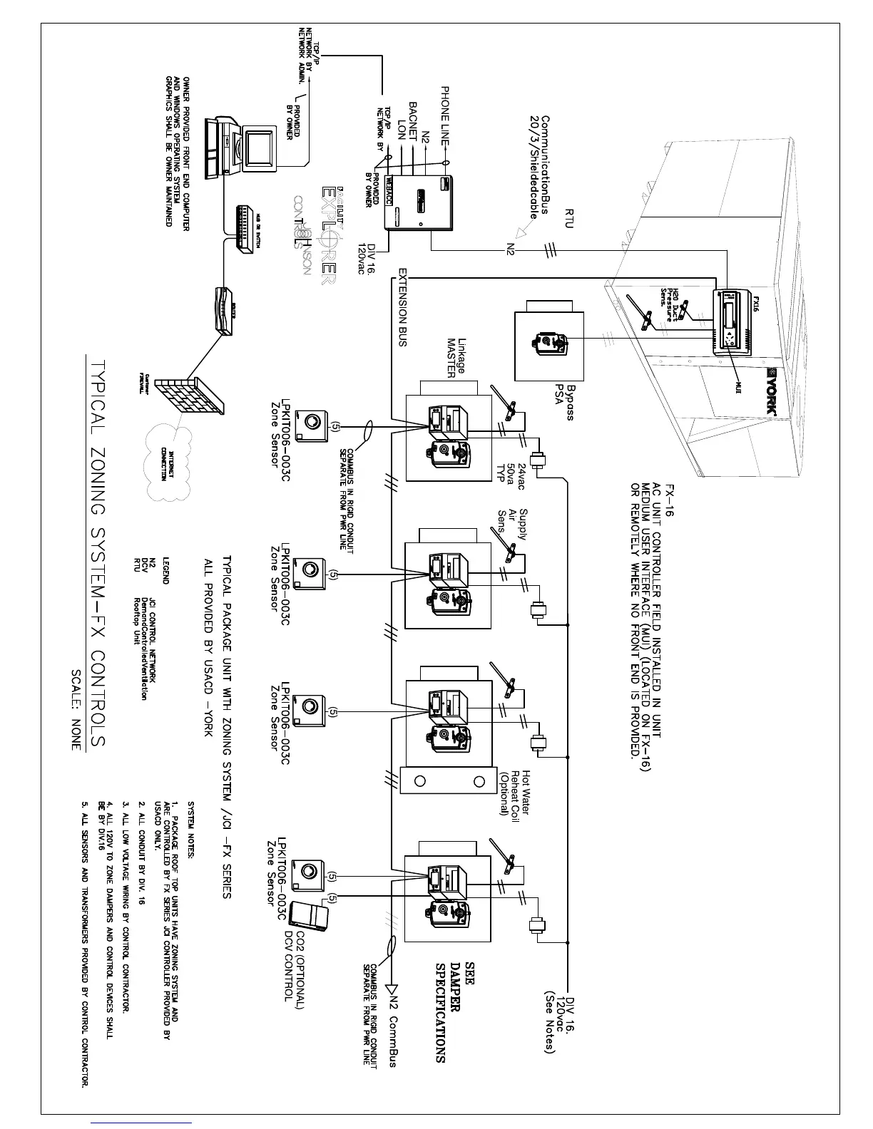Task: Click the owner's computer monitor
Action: (259, 150)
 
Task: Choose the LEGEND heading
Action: (166, 569)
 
